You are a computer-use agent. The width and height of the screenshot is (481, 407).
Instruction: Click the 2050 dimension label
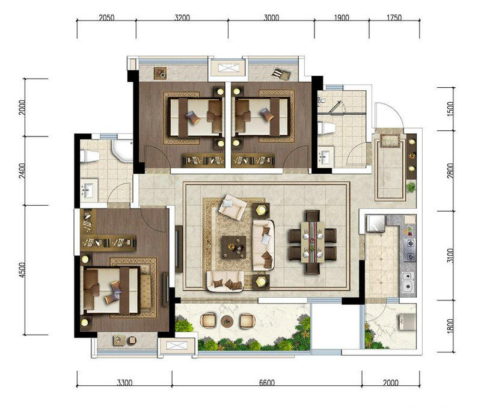(106, 18)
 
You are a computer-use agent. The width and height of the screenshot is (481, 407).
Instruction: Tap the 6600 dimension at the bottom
(267, 382)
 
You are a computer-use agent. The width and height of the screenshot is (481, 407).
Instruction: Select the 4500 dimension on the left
(22, 270)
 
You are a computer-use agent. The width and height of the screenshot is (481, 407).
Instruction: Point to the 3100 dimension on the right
(450, 255)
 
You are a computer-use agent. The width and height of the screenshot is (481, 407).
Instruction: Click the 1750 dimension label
(394, 18)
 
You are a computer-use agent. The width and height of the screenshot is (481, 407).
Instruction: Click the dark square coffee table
(234, 247)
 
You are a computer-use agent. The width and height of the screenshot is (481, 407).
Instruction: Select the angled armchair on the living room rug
(233, 206)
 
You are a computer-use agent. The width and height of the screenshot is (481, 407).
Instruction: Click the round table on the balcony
(227, 321)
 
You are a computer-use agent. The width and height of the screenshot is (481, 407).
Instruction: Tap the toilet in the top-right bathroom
(326, 127)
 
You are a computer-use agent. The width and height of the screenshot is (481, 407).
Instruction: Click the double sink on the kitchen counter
(408, 281)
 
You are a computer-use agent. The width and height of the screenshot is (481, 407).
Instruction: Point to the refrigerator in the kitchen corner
(376, 223)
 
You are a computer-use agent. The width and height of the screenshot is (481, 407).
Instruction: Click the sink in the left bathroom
(88, 189)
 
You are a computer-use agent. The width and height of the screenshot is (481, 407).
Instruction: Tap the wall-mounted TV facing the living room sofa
(179, 249)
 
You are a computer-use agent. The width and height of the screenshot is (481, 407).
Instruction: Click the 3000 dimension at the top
(272, 18)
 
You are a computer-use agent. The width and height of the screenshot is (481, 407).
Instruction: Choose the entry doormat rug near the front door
(390, 141)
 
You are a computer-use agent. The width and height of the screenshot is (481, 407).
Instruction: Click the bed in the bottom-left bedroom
(111, 290)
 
